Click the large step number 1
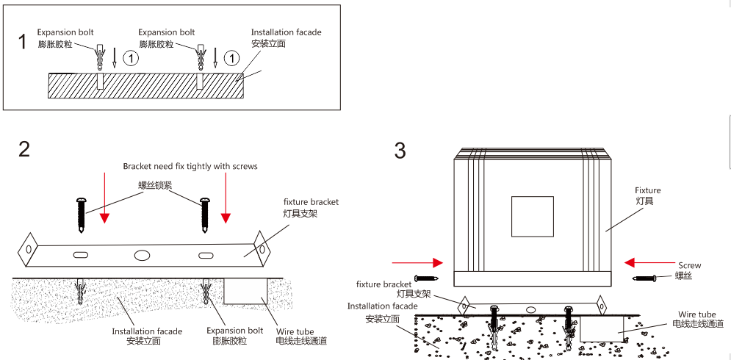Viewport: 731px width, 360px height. [22, 42]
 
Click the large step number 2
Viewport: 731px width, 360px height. [24, 149]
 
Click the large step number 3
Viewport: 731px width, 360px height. [400, 151]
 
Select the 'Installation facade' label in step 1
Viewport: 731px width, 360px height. [286, 32]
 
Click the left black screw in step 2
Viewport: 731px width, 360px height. [81, 215]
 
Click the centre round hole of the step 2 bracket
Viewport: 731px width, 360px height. [142, 255]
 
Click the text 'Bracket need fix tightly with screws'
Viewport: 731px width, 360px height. [190, 166]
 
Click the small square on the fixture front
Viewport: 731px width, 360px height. [533, 217]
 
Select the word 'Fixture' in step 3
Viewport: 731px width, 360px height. [648, 190]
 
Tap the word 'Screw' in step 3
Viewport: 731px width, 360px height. [689, 265]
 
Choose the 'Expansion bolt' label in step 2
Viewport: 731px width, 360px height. [234, 331]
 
